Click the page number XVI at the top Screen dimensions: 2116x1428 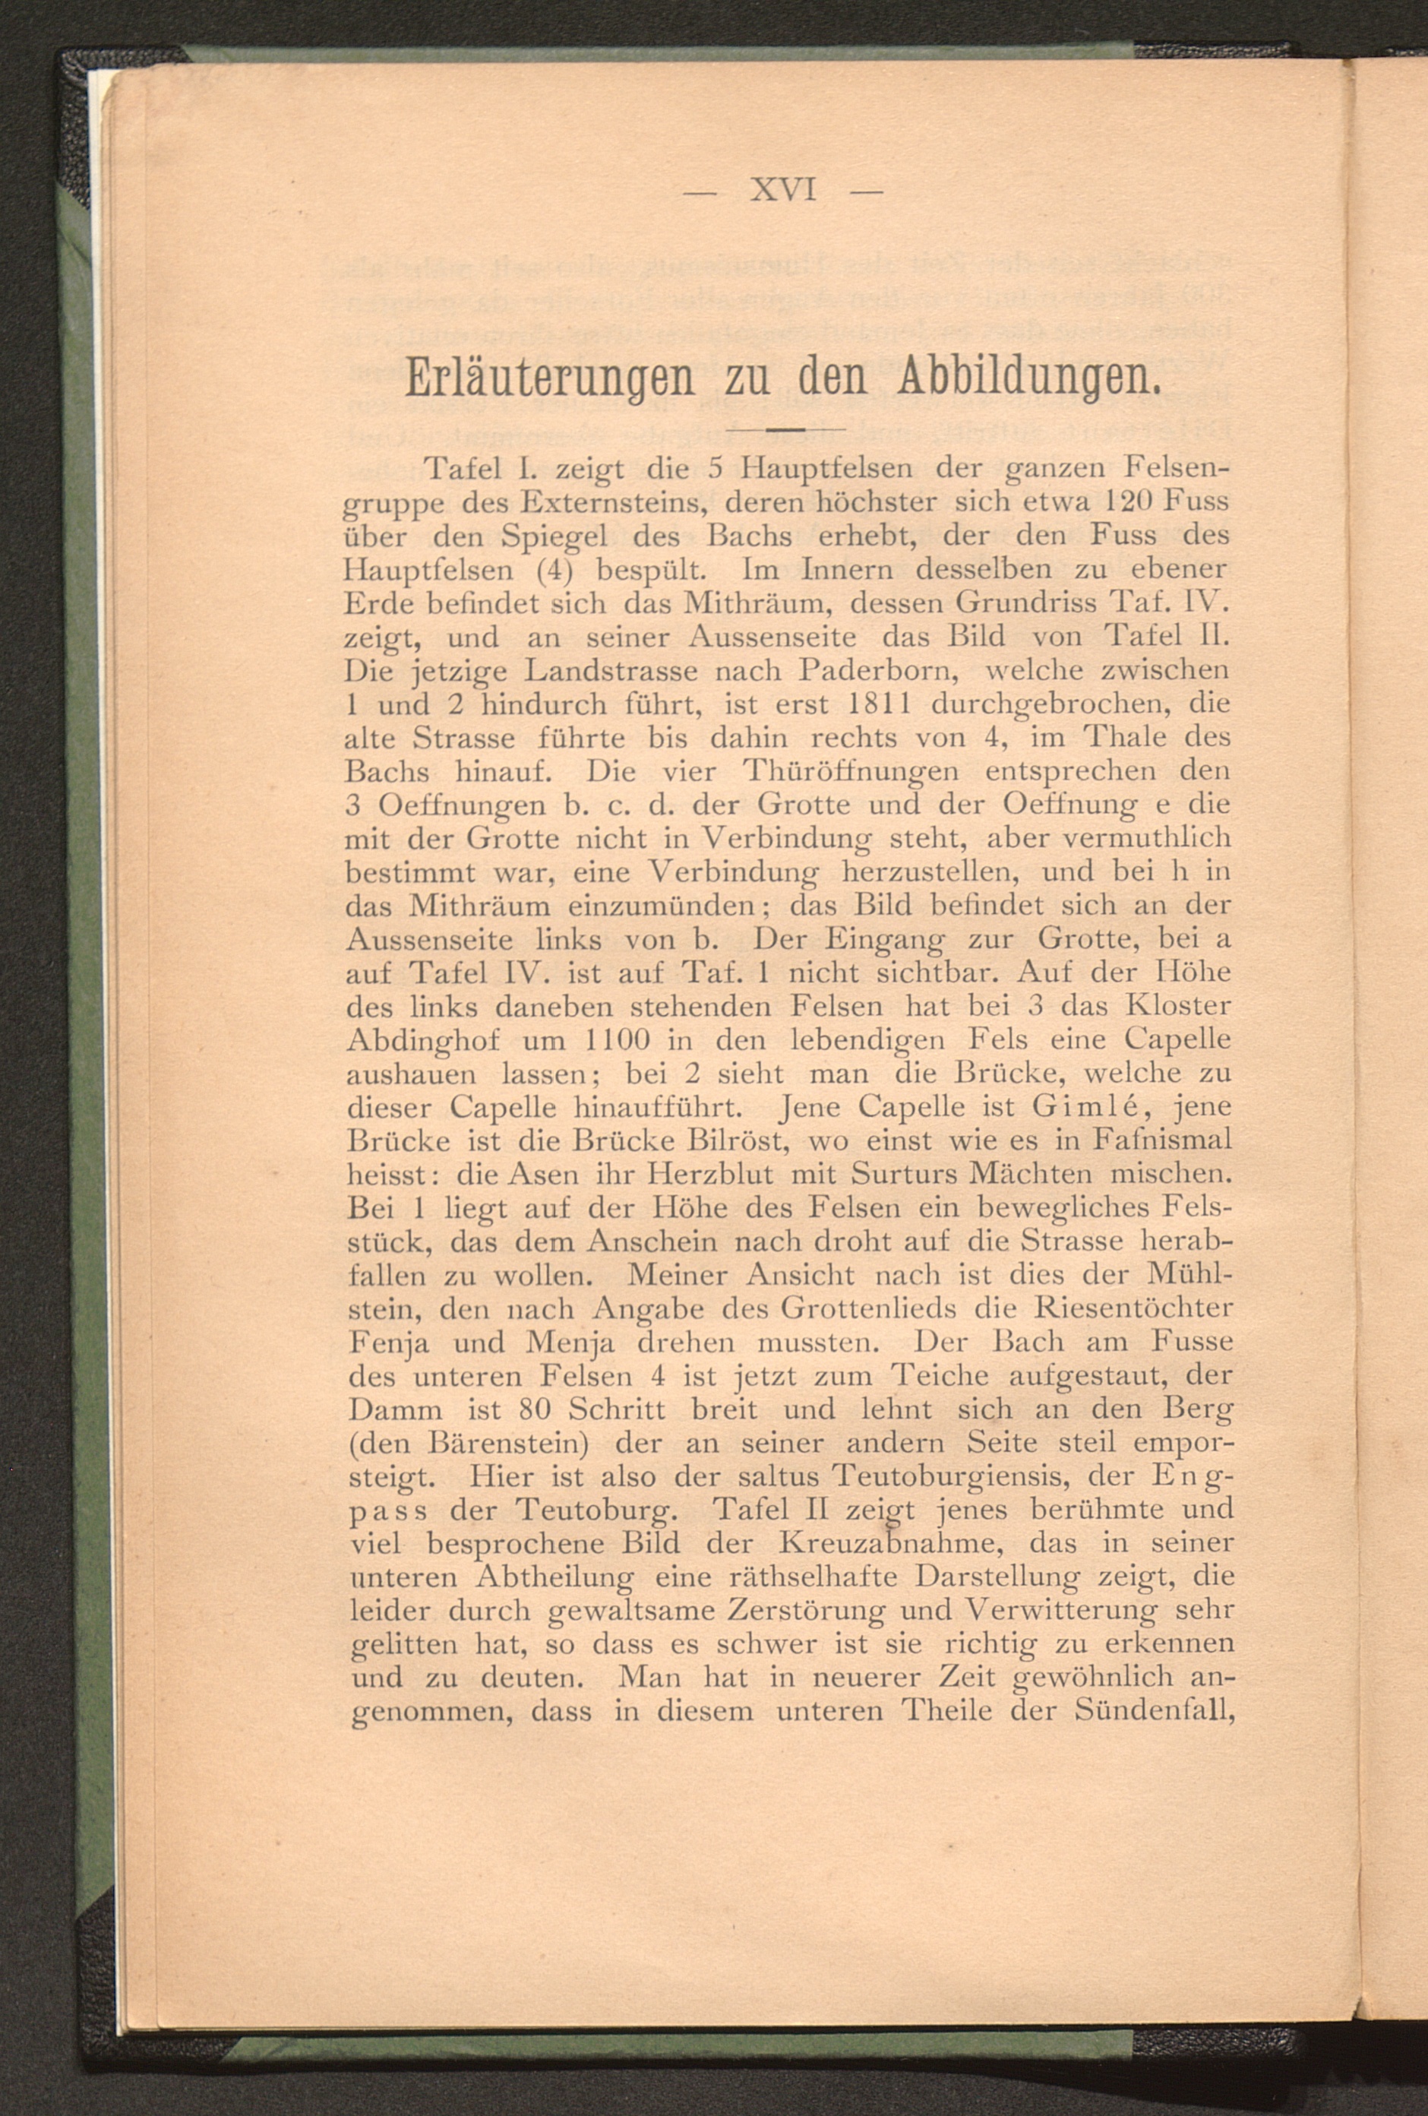[782, 191]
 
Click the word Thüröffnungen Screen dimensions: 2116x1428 [850, 771]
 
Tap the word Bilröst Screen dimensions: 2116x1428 [729, 1140]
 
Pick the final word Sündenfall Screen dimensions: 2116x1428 [1153, 1711]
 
